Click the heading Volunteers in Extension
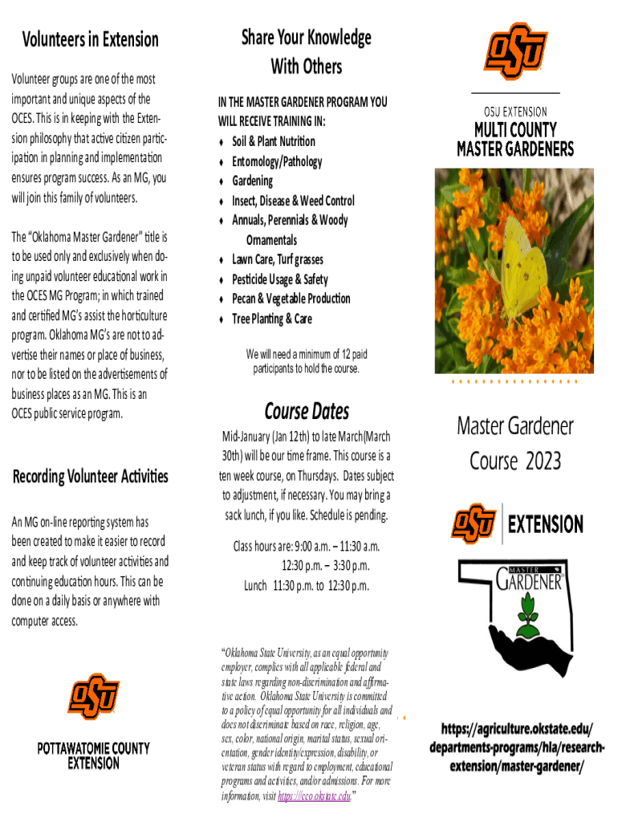click(x=90, y=39)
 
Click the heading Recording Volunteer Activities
click(x=90, y=476)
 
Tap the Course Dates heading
click(x=307, y=412)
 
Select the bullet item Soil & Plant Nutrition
click(x=273, y=141)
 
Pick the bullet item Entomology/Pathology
click(x=277, y=161)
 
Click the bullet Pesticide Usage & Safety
click(x=279, y=279)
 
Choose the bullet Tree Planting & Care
click(x=271, y=319)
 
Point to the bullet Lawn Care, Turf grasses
click(x=278, y=259)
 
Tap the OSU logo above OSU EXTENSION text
click(x=515, y=51)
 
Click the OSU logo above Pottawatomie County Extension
click(x=93, y=696)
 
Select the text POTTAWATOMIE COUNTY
click(x=93, y=748)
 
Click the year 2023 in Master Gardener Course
click(x=543, y=462)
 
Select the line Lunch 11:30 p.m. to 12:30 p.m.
click(x=307, y=585)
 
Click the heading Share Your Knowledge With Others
click(x=306, y=51)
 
